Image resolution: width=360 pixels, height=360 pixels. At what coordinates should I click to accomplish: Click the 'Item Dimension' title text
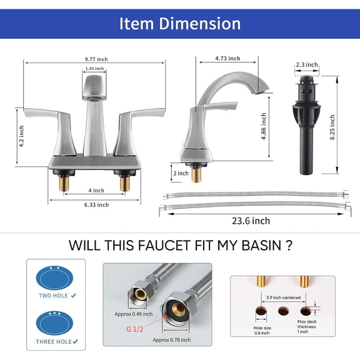point(180,24)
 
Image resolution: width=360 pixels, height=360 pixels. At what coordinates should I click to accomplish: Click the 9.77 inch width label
point(96,59)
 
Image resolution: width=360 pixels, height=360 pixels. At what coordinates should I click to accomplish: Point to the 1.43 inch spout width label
point(94,68)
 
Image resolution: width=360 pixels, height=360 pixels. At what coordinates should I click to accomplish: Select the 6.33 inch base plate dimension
point(96,204)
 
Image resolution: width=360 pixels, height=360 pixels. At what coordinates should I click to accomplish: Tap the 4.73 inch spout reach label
point(227,58)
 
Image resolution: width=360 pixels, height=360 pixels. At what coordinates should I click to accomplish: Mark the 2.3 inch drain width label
point(307,64)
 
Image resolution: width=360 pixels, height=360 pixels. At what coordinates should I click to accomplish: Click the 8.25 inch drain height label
point(332,126)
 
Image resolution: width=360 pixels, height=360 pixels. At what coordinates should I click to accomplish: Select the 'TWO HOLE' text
point(54,295)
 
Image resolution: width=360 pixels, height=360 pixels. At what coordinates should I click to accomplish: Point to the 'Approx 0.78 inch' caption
point(170,339)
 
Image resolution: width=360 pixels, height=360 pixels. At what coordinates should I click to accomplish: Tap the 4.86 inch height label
point(264,127)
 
